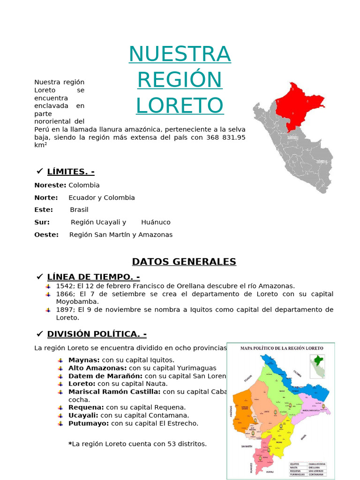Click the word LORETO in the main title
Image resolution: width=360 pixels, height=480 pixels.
click(180, 105)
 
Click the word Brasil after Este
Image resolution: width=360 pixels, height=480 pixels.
click(79, 210)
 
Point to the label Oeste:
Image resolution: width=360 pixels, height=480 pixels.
click(46, 234)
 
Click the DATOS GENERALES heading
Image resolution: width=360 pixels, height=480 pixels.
click(184, 262)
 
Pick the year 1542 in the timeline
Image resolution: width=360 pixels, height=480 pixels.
click(64, 285)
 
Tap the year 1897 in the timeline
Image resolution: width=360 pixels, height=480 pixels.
click(64, 309)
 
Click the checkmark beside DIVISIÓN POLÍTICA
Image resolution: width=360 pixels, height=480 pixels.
click(40, 334)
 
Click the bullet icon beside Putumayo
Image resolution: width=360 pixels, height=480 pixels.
click(60, 423)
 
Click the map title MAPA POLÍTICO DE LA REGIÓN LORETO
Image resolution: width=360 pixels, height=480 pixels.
click(281, 348)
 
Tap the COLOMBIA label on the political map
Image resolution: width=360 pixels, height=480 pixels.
click(297, 373)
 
